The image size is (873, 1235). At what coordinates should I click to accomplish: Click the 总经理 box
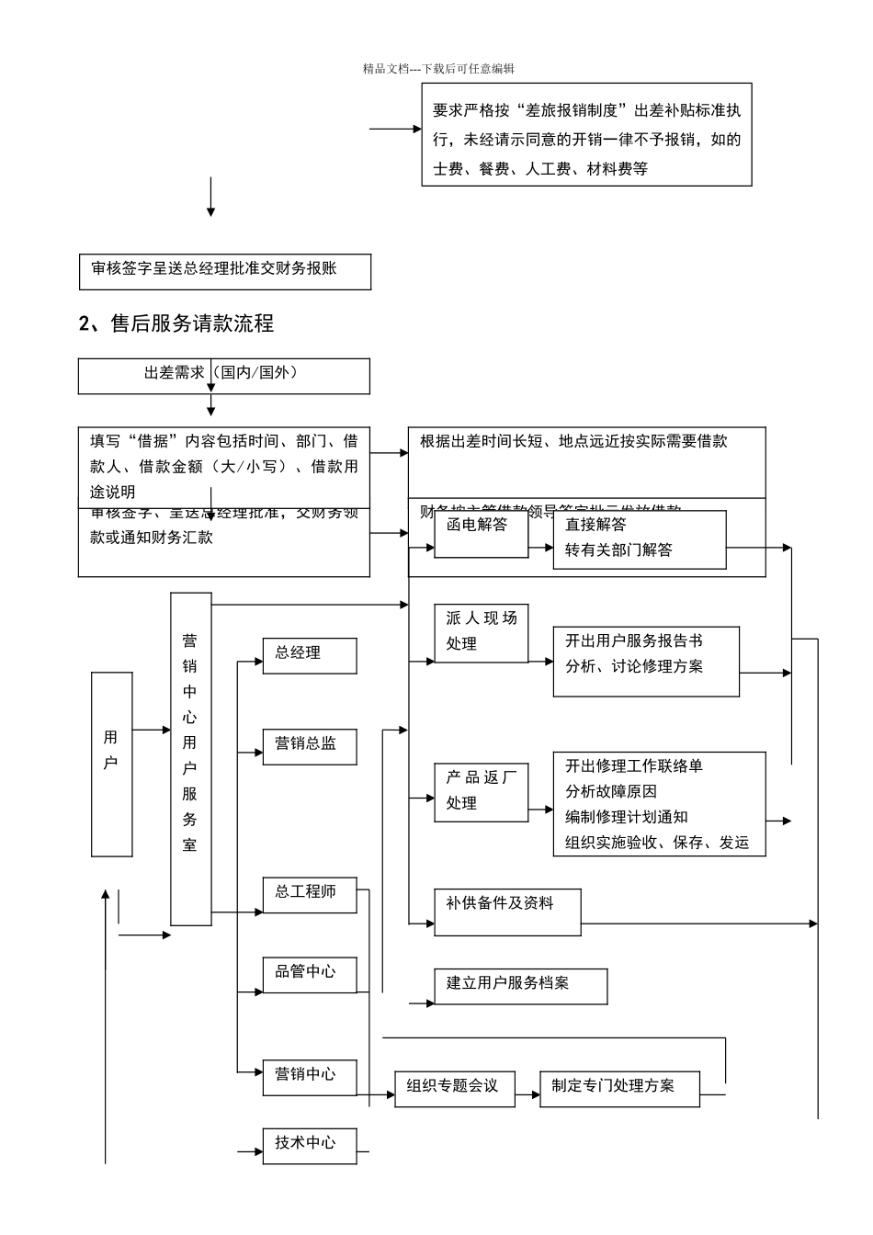click(x=309, y=656)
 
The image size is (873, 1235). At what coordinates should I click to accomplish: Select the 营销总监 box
click(x=309, y=746)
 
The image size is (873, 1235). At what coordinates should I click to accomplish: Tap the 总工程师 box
click(x=309, y=894)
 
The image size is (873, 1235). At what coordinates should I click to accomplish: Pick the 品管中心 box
click(x=309, y=974)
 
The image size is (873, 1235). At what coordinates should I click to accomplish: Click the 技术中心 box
click(x=309, y=1145)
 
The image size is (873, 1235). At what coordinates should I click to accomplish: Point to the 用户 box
click(x=111, y=764)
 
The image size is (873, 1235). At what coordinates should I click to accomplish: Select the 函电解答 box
click(x=481, y=534)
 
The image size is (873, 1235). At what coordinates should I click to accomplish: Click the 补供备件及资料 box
click(x=507, y=912)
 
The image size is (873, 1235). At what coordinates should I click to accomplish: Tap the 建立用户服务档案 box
click(x=520, y=985)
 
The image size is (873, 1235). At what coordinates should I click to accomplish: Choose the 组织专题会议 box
click(x=454, y=1088)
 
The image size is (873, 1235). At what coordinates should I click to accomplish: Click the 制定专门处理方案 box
click(x=619, y=1088)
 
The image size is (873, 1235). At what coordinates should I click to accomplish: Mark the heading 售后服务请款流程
click(x=176, y=323)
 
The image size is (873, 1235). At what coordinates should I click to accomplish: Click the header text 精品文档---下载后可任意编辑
click(x=438, y=69)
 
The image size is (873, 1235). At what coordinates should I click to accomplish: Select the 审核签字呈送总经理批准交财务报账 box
click(x=224, y=271)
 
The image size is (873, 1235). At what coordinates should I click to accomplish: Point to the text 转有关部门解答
click(x=618, y=550)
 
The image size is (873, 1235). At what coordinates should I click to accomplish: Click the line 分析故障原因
click(x=611, y=791)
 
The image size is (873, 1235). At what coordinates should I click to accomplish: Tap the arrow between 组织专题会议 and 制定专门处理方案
click(x=527, y=1094)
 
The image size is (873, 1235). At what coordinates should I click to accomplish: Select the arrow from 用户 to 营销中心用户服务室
click(x=152, y=731)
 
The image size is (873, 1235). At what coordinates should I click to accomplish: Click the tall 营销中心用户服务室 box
click(x=190, y=758)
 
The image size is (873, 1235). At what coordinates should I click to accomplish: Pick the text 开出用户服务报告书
click(x=633, y=641)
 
